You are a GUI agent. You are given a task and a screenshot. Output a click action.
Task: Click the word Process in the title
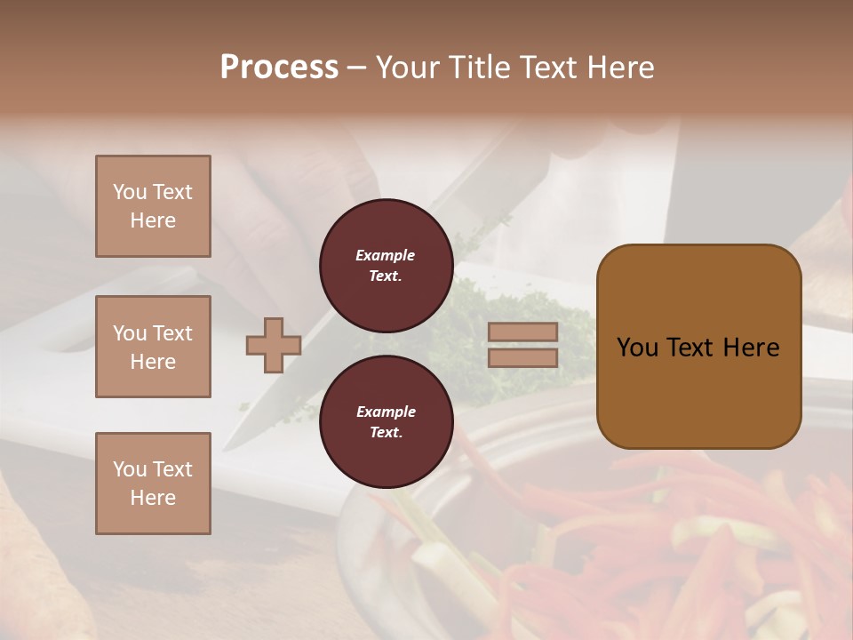(279, 68)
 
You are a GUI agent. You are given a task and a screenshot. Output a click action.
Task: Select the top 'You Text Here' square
(153, 206)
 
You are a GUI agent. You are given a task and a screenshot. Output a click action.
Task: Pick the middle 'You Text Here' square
(153, 347)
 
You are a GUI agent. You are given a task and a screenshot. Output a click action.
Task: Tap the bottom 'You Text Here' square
(153, 484)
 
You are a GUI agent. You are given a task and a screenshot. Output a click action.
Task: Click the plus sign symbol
(274, 345)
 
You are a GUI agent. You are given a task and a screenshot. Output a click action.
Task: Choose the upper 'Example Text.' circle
(386, 266)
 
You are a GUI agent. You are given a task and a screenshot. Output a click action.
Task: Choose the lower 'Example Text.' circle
(386, 422)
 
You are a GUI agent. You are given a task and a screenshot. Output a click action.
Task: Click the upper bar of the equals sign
(522, 332)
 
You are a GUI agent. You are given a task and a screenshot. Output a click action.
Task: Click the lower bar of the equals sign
(522, 357)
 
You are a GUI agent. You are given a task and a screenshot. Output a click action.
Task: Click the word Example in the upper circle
(386, 255)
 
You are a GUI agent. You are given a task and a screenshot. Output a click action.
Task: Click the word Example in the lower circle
(386, 412)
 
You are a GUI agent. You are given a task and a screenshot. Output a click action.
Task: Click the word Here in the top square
(153, 220)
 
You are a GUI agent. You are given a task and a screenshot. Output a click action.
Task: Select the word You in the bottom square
(129, 469)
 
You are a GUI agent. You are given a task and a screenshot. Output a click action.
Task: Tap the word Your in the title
(408, 68)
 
